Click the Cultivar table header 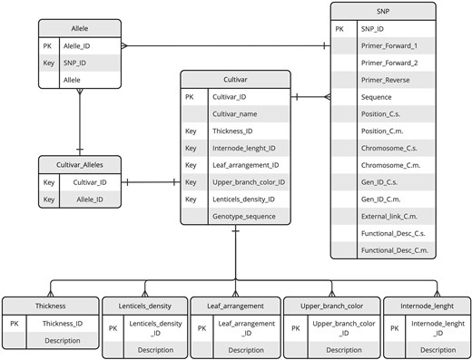pos(234,78)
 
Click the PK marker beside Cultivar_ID pos(190,96)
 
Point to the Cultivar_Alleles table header pos(79,164)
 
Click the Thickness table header pos(51,306)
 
